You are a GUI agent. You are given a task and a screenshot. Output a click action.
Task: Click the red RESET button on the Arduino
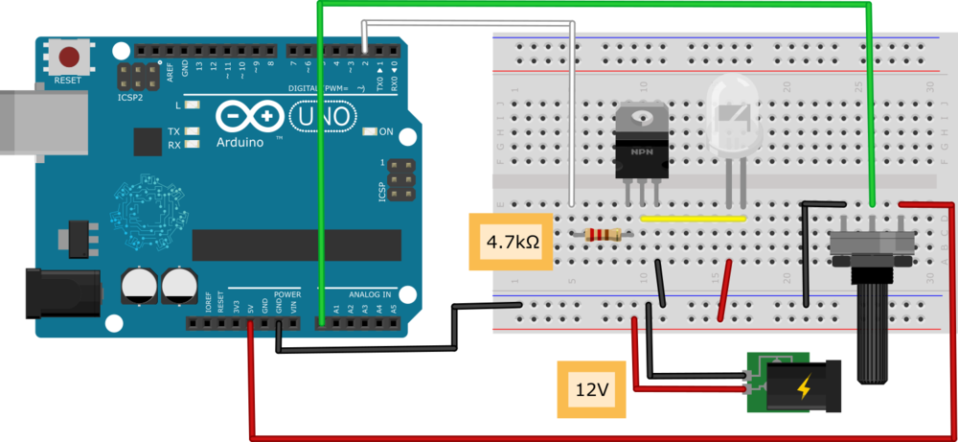click(69, 56)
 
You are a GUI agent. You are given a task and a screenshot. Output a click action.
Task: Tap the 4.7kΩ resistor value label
click(513, 242)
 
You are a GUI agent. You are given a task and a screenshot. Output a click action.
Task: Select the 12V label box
click(591, 390)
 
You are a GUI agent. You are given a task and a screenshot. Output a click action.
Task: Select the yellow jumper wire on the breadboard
click(693, 219)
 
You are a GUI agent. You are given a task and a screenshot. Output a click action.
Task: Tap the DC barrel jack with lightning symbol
click(803, 386)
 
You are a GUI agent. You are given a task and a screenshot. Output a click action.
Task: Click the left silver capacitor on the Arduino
click(140, 286)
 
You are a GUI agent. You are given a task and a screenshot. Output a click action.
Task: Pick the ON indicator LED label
click(386, 131)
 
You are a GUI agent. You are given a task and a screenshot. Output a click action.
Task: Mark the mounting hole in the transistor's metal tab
click(641, 118)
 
